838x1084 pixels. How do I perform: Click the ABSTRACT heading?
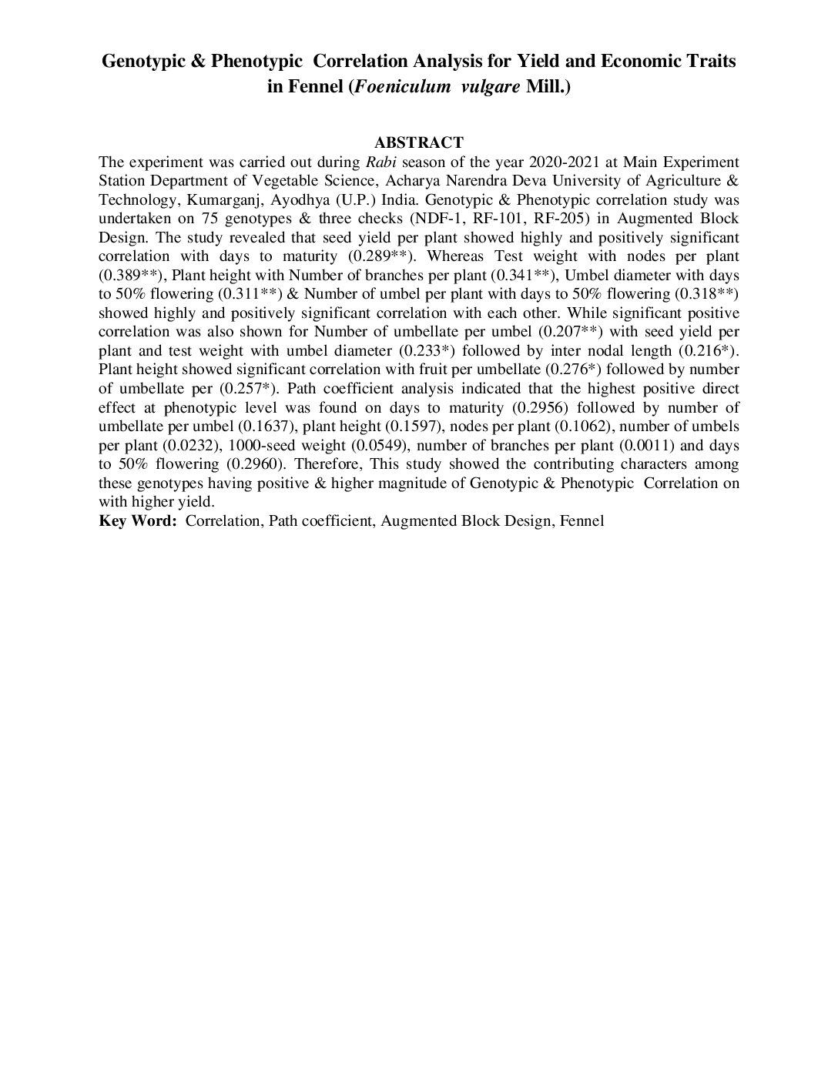418,142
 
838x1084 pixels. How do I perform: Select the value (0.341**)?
524,275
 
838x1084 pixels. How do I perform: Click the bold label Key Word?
138,521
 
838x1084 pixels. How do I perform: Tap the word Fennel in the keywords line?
582,521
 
